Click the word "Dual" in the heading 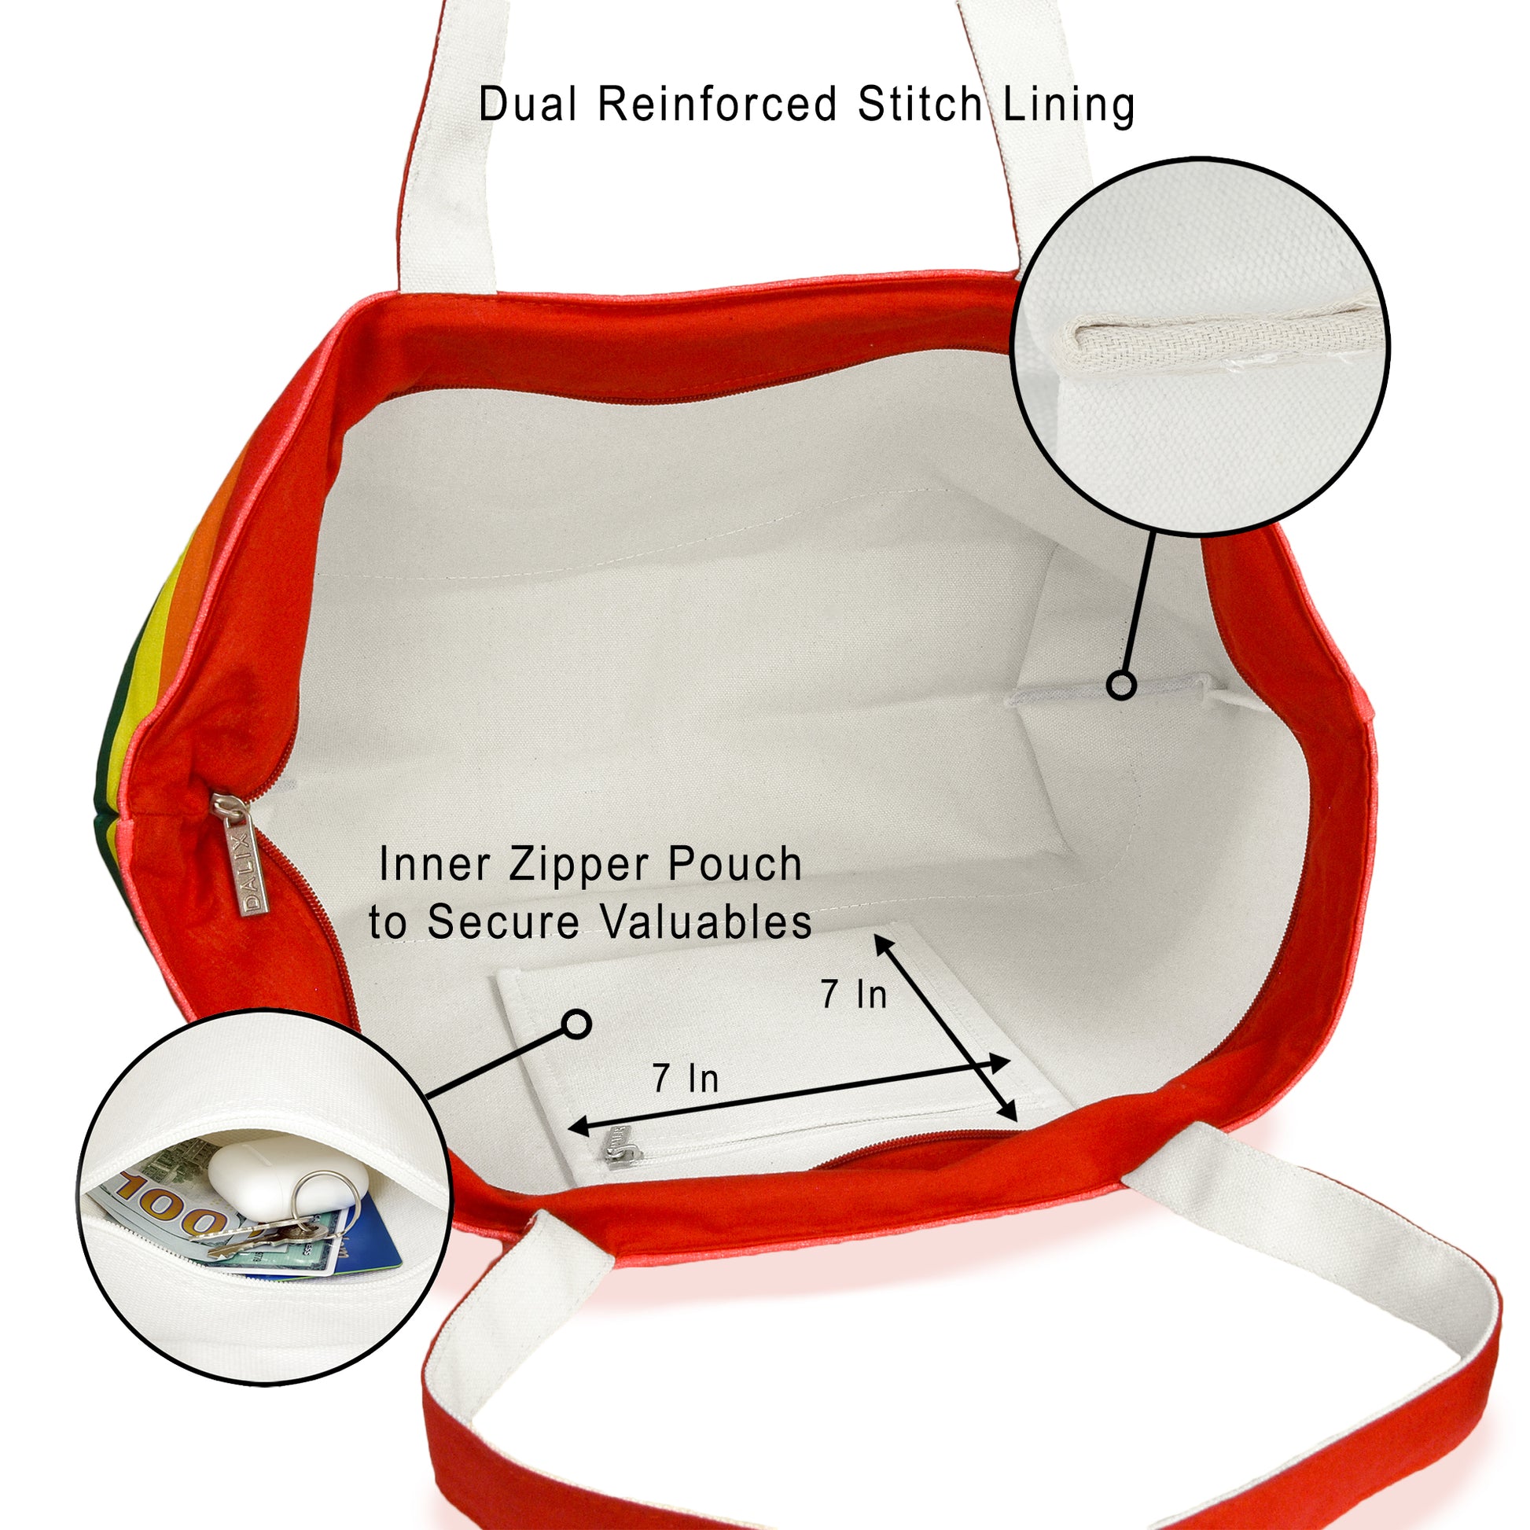(529, 104)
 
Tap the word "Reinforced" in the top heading (718, 104)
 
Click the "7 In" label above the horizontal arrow (686, 1079)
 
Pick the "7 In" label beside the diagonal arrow (854, 995)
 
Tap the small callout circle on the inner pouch (577, 1024)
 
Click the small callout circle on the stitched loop (1120, 685)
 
